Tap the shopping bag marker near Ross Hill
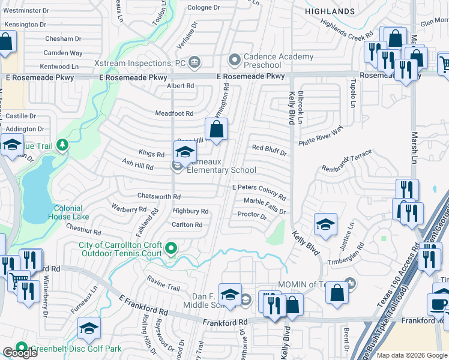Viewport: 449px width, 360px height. tap(216, 128)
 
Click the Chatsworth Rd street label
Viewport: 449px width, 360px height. tap(159, 196)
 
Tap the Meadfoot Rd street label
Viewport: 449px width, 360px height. tap(174, 113)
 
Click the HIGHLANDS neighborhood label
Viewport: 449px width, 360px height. tap(330, 11)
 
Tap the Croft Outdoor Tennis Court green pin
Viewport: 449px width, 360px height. tap(171, 247)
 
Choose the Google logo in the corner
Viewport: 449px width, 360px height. tap(20, 353)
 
